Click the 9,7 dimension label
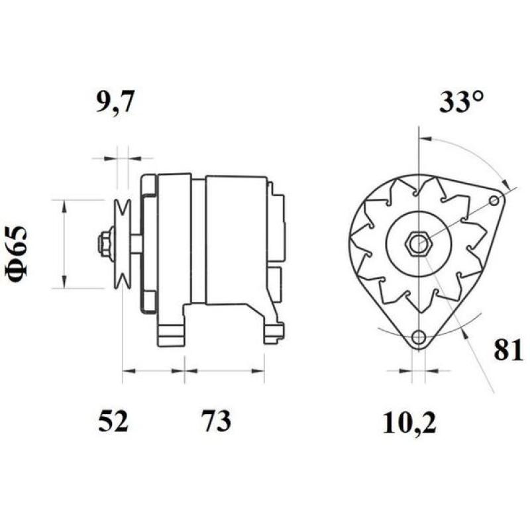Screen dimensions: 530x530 pos(117,105)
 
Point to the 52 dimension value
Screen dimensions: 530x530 pos(113,421)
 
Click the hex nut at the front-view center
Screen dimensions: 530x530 pos(417,243)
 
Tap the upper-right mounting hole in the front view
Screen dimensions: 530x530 pos(494,200)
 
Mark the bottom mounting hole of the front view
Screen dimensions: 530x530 pos(417,339)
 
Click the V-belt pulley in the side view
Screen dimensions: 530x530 pos(122,243)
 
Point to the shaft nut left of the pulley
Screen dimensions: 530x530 pos(104,243)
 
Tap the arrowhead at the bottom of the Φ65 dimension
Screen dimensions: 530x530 pos(64,282)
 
